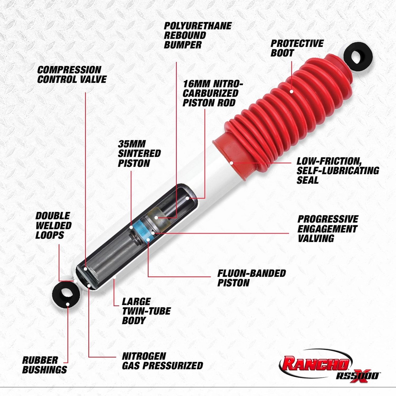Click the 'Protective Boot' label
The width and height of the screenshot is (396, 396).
(297, 48)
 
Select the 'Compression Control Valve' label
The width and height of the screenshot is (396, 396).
(72, 74)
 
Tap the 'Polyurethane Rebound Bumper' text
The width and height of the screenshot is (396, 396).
(197, 35)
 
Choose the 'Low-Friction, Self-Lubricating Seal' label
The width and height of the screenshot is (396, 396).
(338, 171)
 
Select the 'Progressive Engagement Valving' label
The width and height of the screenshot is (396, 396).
(328, 229)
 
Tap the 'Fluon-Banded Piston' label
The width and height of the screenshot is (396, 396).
(251, 278)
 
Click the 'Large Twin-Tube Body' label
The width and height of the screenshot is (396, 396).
(146, 311)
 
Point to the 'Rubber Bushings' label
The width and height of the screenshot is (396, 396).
(44, 365)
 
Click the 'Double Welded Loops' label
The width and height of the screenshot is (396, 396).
(53, 225)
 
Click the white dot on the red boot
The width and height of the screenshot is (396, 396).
(291, 92)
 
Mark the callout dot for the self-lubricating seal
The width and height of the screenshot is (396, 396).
(231, 163)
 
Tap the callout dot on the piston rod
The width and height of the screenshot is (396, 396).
(187, 198)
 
